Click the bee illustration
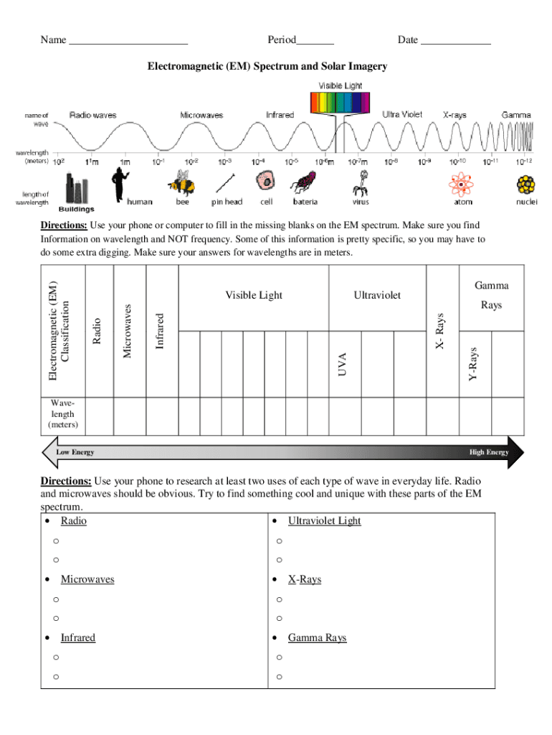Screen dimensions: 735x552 click(182, 184)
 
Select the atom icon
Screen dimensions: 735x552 click(460, 186)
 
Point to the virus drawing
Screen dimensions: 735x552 click(360, 184)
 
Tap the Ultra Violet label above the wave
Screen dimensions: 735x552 click(402, 114)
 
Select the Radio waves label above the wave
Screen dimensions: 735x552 click(93, 115)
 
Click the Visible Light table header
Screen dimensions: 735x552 click(254, 295)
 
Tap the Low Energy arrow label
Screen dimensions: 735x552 click(75, 452)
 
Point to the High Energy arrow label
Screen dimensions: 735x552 click(488, 452)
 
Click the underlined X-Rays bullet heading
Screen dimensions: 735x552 click(304, 579)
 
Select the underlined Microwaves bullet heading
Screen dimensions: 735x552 click(87, 579)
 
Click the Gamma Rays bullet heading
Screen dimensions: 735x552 click(317, 637)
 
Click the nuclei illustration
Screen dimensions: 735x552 click(526, 186)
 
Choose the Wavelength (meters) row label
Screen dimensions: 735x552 click(63, 414)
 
